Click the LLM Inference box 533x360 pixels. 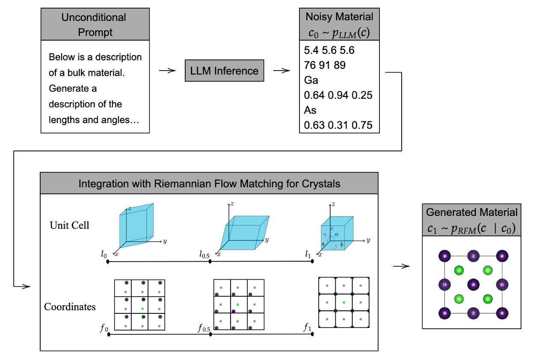[x=225, y=71]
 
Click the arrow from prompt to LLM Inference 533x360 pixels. [x=167, y=71]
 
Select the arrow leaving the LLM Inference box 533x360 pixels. [x=281, y=71]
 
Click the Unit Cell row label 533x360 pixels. [x=69, y=225]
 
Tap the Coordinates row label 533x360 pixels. [x=70, y=307]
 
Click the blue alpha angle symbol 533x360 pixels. [x=336, y=235]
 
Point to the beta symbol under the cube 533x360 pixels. [x=335, y=247]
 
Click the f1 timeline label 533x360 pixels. [x=307, y=328]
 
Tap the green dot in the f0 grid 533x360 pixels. [x=142, y=308]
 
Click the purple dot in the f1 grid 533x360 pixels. [x=335, y=310]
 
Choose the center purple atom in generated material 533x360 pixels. [x=473, y=284]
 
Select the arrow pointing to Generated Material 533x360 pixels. [x=401, y=266]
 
